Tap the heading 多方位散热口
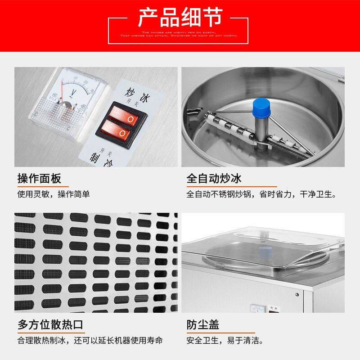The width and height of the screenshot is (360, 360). pos(50,324)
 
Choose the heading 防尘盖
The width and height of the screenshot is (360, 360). pos(203,324)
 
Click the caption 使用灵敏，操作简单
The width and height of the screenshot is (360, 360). pos(54,194)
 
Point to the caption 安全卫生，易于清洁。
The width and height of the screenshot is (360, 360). pos(225,340)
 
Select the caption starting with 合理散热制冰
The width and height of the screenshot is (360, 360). pos(90,340)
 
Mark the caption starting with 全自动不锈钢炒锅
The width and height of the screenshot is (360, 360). pos(261,194)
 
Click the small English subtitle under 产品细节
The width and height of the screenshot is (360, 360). pos(180,34)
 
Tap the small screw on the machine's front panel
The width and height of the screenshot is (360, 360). pos(297,295)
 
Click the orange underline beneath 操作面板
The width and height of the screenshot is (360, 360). pos(43,186)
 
